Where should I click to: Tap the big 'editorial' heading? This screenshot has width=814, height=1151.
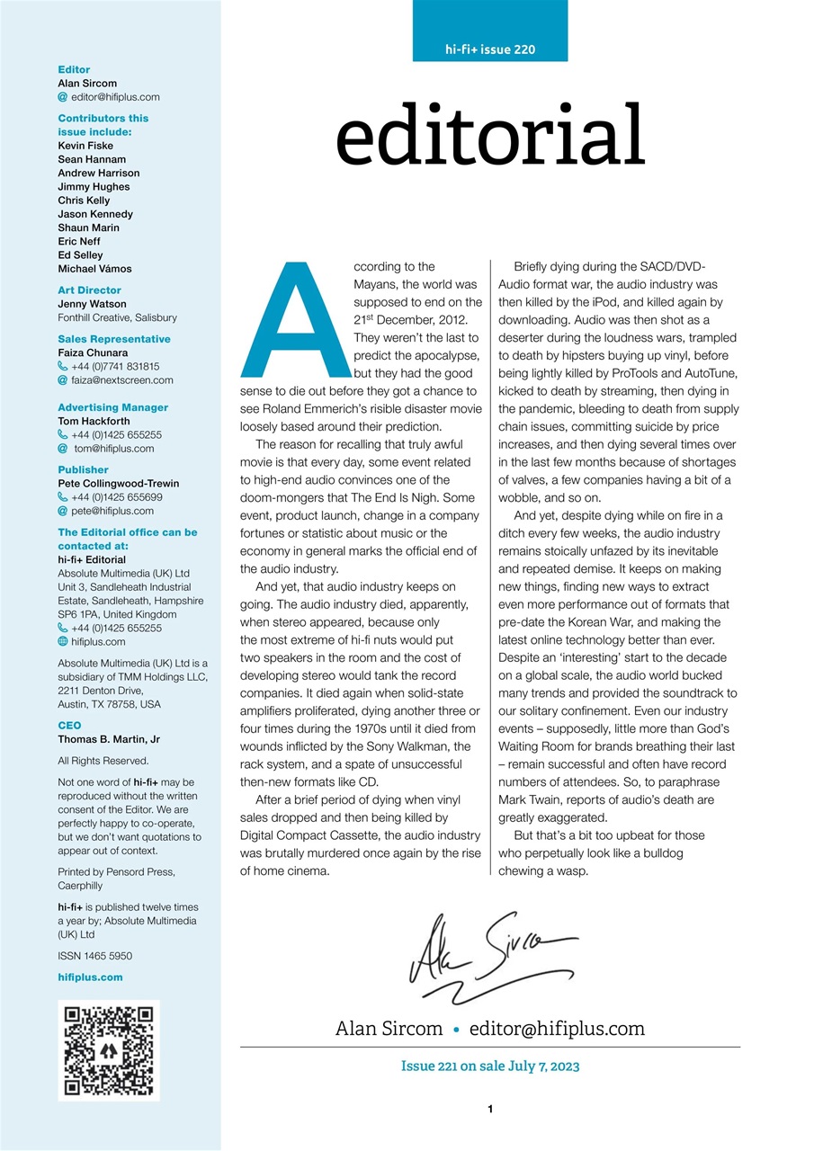pos(490,135)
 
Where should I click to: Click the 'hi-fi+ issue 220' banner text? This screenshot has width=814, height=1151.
pos(490,49)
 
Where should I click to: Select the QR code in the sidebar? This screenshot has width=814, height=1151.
pos(109,1050)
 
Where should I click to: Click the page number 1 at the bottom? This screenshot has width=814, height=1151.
pos(490,1110)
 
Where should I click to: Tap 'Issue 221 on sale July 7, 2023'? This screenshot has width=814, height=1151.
pos(490,1066)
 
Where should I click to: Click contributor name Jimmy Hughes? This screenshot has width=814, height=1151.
pos(94,187)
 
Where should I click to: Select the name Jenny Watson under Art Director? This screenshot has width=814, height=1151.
pos(92,304)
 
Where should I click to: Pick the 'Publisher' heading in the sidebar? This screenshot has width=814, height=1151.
pos(83,469)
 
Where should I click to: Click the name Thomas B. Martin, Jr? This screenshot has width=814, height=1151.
pos(108,739)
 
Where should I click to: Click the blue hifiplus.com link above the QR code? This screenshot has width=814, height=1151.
pos(90,977)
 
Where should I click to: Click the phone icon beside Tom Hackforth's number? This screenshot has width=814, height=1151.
pos(63,434)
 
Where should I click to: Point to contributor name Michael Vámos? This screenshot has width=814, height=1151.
pos(94,269)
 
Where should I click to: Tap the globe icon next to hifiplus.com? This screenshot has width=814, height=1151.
pos(63,642)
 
